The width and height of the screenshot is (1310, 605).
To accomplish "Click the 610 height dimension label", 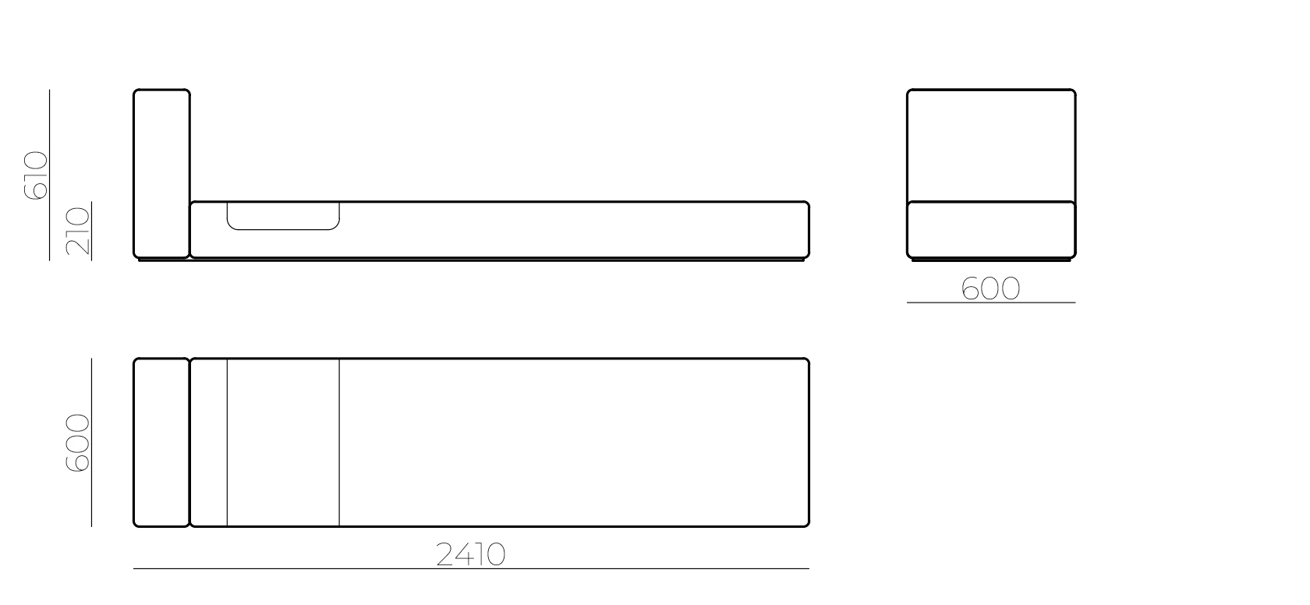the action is point(36,175).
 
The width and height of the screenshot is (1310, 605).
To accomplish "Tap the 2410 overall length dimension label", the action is point(471,554).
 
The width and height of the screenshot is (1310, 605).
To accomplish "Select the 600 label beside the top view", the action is point(78,443).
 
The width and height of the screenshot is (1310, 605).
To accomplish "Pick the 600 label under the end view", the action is point(990,288).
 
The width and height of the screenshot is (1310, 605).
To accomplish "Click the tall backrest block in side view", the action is point(161,173).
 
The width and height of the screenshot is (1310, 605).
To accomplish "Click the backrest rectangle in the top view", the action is point(161,442).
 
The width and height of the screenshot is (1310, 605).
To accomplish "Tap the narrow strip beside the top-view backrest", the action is point(209,442).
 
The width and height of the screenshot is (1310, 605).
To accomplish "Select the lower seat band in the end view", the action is point(991,229).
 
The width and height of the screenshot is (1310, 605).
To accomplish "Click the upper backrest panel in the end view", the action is point(991,145).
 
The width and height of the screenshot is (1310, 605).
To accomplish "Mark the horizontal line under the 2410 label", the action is point(471,569).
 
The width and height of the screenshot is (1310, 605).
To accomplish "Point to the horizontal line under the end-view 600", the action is point(990,302).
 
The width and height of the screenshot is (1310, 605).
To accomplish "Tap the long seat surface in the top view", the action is point(573,442).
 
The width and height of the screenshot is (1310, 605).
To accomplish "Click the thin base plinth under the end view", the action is point(991,260).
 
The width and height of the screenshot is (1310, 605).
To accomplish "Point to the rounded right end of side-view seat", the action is point(806,229).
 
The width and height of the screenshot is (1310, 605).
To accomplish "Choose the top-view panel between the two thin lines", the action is point(283,442).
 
